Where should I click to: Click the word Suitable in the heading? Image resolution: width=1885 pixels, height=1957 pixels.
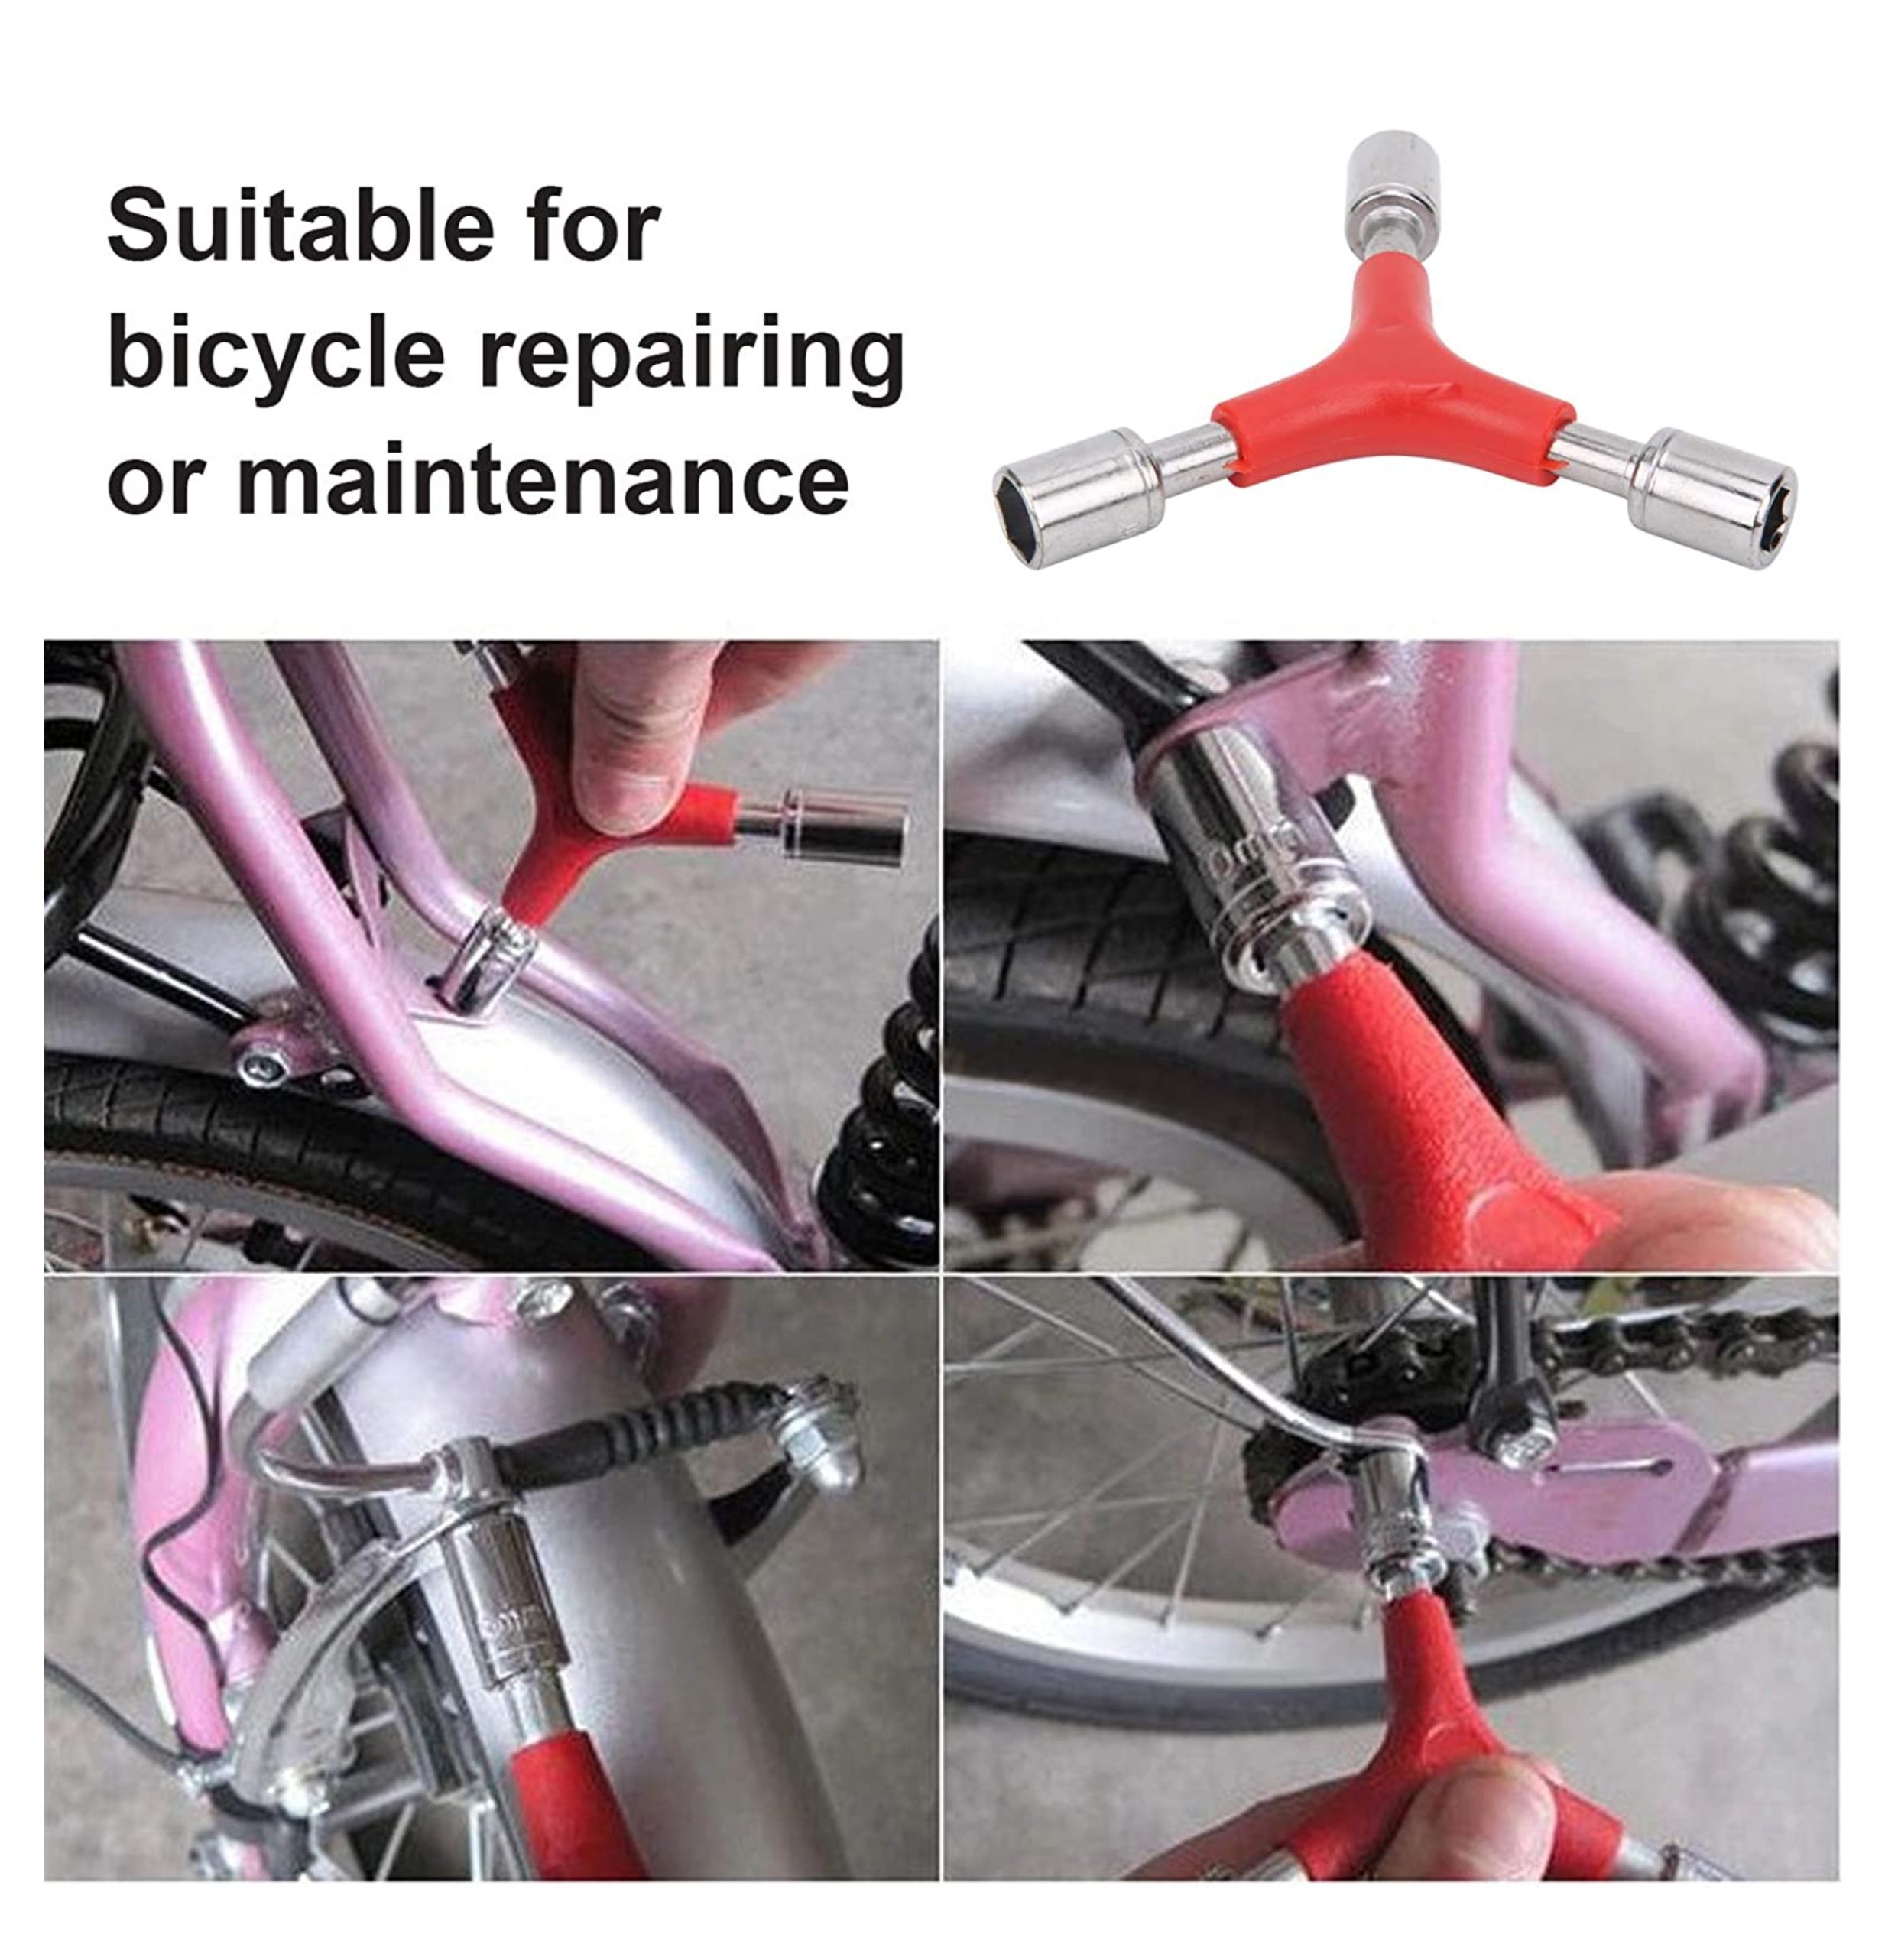click(300, 226)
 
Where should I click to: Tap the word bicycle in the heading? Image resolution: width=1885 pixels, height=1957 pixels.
click(275, 352)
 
